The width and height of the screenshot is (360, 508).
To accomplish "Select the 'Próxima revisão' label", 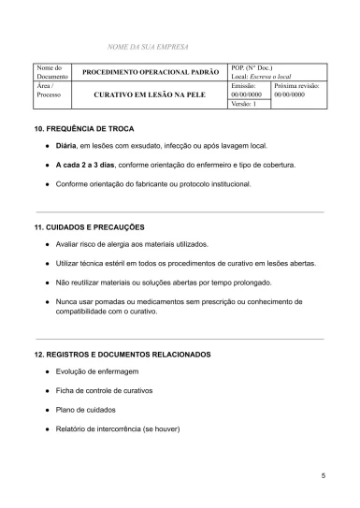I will coord(297,85).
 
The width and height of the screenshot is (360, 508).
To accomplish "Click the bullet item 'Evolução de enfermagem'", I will coord(97,373).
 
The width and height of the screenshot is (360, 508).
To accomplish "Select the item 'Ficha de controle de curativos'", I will coord(104,391).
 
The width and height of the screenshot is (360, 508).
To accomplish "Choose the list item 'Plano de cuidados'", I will coord(86,409).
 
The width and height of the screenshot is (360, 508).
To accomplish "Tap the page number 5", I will coord(323,477).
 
